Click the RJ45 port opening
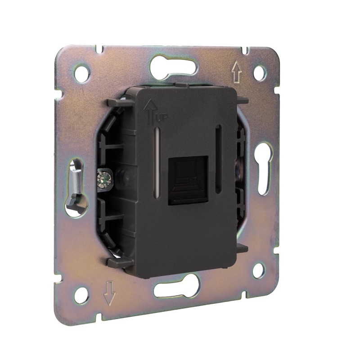pyautogui.click(x=188, y=181)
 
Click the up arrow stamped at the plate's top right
pyautogui.click(x=237, y=72)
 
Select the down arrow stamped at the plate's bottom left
pyautogui.click(x=110, y=293)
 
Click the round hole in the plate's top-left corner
pyautogui.click(x=81, y=73)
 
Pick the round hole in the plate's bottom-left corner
pyautogui.click(x=82, y=295)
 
